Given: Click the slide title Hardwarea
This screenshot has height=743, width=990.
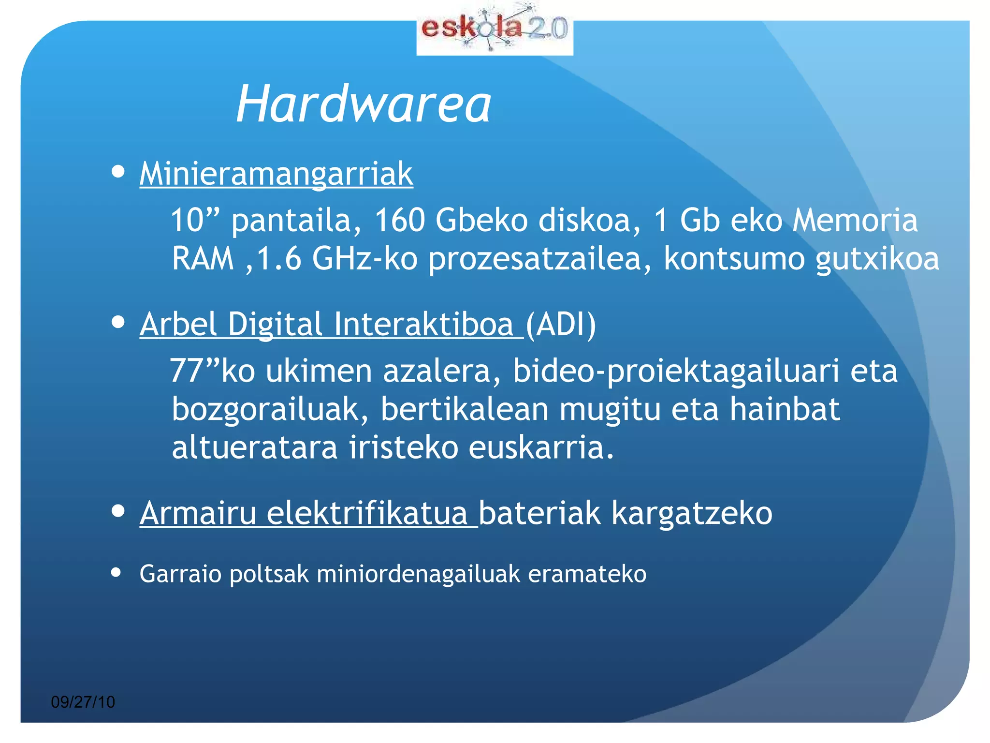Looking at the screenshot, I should pyautogui.click(x=364, y=104).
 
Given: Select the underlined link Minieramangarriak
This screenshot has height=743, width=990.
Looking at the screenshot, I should pyautogui.click(x=276, y=174).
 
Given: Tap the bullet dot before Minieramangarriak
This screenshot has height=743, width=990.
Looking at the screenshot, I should pyautogui.click(x=118, y=171).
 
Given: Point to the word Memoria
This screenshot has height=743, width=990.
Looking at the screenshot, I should pyautogui.click(x=855, y=221).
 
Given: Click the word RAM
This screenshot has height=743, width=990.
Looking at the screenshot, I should pyautogui.click(x=203, y=258).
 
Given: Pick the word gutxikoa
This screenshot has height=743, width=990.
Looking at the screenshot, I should pyautogui.click(x=877, y=259).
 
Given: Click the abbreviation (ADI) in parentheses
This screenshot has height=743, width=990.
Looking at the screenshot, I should pyautogui.click(x=561, y=324).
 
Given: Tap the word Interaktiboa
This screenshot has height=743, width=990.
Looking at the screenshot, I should pyautogui.click(x=423, y=324).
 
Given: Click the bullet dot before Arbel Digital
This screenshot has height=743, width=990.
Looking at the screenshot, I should pyautogui.click(x=118, y=322).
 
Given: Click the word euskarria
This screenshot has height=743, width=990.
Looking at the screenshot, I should pyautogui.click(x=540, y=447).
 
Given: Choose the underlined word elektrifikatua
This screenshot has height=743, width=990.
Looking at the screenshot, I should pyautogui.click(x=366, y=513).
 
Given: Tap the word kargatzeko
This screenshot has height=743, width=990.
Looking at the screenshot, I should pyautogui.click(x=692, y=513).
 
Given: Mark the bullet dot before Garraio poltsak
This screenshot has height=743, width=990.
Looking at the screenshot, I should pyautogui.click(x=116, y=573).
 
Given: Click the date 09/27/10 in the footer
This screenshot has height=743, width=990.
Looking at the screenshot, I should pyautogui.click(x=83, y=702).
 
